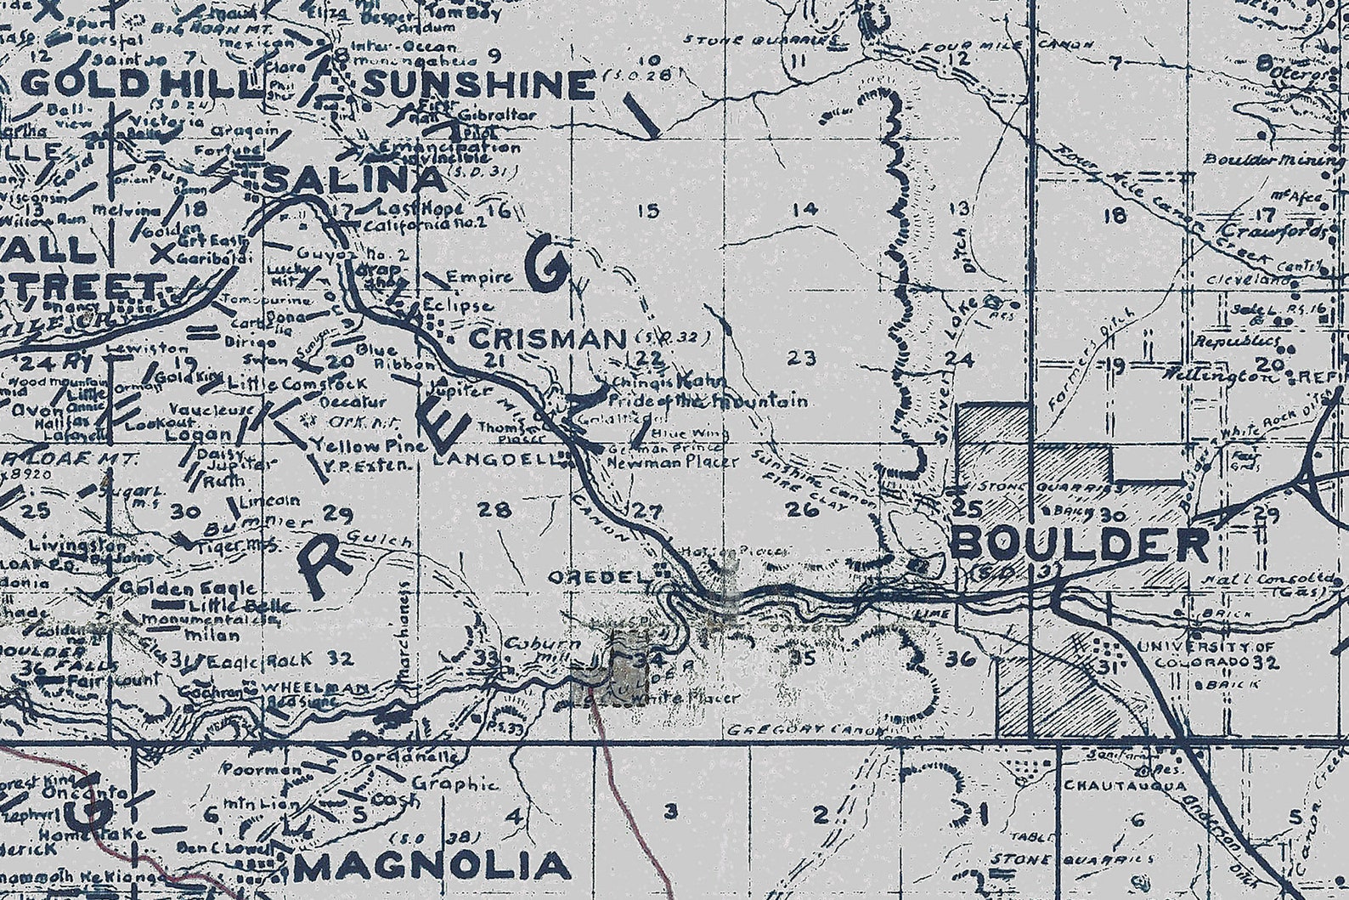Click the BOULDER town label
pyautogui.click(x=1079, y=544)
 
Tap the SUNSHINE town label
pyautogui.click(x=478, y=85)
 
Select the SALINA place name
pyautogui.click(x=355, y=179)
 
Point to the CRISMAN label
pyautogui.click(x=547, y=339)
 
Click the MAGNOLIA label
pyautogui.click(x=433, y=867)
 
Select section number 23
pyautogui.click(x=801, y=358)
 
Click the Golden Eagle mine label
pyautogui.click(x=188, y=588)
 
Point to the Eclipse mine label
pyautogui.click(x=457, y=306)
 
